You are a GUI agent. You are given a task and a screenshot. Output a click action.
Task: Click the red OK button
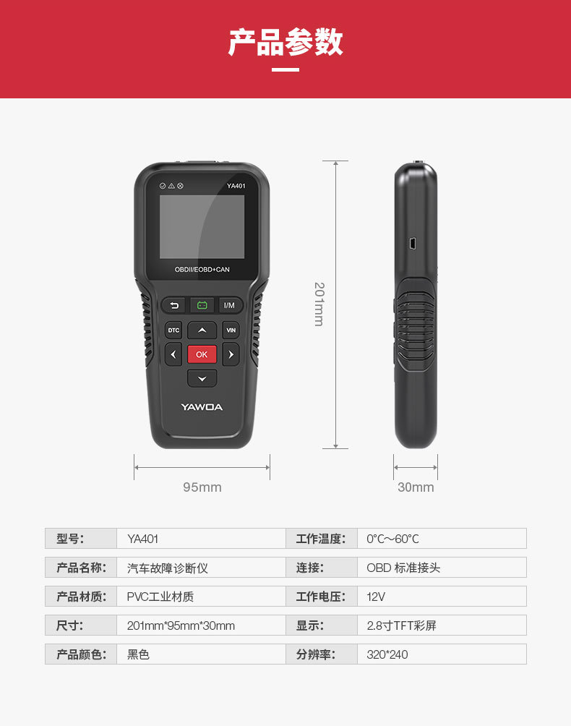tap(202, 354)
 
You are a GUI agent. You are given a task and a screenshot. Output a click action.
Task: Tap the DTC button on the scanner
tap(173, 330)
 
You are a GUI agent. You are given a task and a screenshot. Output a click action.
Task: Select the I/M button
tap(230, 305)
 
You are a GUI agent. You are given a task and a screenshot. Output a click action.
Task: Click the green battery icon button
tap(202, 305)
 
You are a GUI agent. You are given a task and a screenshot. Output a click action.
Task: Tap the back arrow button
tap(174, 305)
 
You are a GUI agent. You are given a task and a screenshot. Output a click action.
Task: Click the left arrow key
tap(173, 354)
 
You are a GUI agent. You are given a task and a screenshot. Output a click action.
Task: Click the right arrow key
tap(231, 354)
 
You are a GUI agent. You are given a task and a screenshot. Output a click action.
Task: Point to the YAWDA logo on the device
tap(202, 407)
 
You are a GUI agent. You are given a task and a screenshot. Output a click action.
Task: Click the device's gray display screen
tap(202, 227)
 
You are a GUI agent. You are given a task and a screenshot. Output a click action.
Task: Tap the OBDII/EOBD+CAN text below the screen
tap(202, 270)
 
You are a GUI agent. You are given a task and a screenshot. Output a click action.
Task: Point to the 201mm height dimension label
tap(319, 304)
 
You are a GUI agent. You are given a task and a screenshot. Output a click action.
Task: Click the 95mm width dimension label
tap(202, 487)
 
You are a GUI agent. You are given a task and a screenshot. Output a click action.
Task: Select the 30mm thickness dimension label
tap(416, 487)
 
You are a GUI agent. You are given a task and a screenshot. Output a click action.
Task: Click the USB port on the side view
tap(413, 244)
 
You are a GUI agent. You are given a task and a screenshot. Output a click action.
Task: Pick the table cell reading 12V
tap(442, 597)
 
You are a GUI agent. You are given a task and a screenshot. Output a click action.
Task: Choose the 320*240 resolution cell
tap(442, 654)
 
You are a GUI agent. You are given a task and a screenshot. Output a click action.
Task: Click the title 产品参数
tap(285, 42)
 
